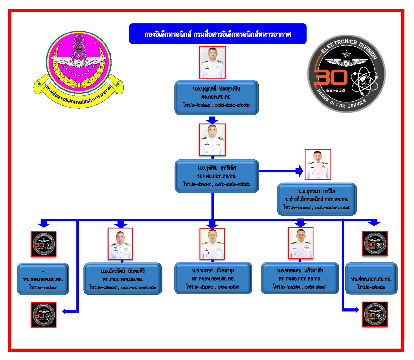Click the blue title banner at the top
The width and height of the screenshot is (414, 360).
[218, 34]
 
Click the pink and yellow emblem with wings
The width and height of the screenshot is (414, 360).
[79, 69]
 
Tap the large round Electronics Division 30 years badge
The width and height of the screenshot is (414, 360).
[346, 74]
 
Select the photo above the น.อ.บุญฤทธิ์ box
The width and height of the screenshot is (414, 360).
[212, 63]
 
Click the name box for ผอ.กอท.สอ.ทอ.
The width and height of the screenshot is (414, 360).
[216, 97]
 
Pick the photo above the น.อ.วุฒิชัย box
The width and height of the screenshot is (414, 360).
[212, 140]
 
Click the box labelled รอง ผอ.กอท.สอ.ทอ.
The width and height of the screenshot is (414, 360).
[217, 176]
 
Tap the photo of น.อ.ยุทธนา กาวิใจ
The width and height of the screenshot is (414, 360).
[318, 165]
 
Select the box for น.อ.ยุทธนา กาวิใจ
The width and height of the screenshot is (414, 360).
[317, 199]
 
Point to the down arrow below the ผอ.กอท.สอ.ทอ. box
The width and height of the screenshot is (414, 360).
[212, 120]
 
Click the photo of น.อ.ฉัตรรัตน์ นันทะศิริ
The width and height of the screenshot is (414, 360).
[120, 244]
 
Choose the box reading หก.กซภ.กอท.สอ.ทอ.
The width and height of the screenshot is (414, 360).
[123, 279]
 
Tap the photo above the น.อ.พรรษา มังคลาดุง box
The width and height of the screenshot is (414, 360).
[212, 244]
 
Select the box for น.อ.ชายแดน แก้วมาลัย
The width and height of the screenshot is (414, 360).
[300, 278]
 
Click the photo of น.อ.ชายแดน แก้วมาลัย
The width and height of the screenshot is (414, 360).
[301, 243]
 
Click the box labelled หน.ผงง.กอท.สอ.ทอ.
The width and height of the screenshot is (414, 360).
[43, 279]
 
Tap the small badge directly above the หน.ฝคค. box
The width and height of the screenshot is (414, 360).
[375, 244]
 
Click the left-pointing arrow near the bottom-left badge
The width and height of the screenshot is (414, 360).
[67, 311]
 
